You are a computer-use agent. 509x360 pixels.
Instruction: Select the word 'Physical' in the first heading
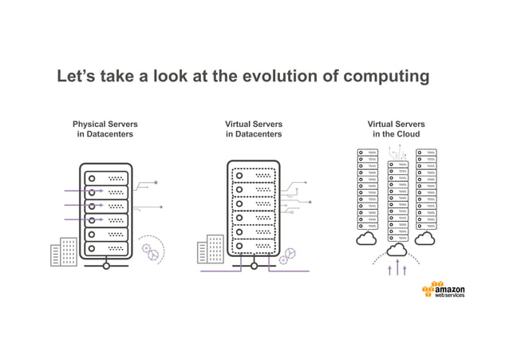(x=92, y=125)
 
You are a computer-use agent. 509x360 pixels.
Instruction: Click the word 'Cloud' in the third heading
(x=408, y=134)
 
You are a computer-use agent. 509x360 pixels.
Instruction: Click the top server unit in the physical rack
(x=106, y=178)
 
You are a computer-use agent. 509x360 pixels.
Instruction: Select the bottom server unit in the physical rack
(x=106, y=249)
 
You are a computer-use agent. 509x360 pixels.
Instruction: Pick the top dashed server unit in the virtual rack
(x=253, y=174)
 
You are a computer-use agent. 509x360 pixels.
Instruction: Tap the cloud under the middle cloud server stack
(x=397, y=250)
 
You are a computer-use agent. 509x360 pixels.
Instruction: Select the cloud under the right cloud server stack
(x=425, y=239)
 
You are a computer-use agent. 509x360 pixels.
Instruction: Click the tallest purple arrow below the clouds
(x=397, y=267)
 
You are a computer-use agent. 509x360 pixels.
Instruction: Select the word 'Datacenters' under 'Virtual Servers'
(x=253, y=134)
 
